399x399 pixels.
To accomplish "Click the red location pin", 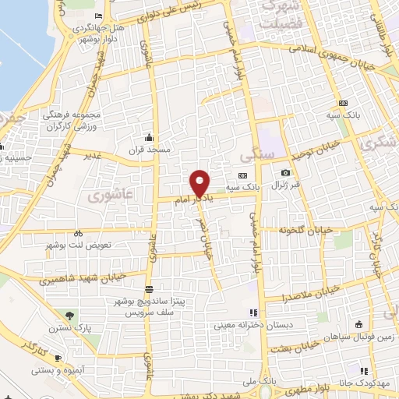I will (200, 183).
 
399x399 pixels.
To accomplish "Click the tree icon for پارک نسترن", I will (71, 316).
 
